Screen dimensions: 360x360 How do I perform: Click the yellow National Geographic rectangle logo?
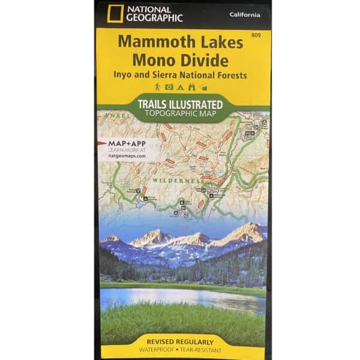pos(113,14)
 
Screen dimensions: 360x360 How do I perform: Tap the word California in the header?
pos(244,14)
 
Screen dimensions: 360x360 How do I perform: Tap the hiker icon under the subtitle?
pos(158,88)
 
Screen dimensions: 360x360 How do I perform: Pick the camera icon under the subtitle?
pos(169,88)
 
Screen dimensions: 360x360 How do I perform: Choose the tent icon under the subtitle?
pos(179,88)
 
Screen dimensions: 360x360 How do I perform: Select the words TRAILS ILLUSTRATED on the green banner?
pos(180,104)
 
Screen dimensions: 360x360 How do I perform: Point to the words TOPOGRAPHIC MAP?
pos(180,113)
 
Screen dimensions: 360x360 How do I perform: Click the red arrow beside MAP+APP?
pos(102,144)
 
